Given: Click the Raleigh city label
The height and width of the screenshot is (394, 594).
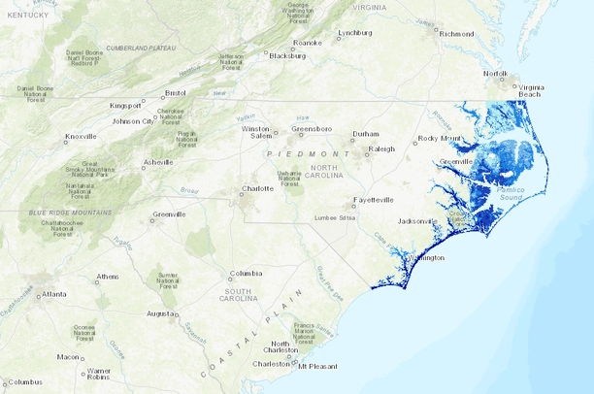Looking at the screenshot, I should (382, 148).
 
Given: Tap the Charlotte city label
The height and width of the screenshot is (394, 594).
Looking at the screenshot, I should (257, 188).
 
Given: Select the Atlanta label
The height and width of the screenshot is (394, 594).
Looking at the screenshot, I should (54, 294).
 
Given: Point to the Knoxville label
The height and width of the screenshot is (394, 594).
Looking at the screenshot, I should (81, 137).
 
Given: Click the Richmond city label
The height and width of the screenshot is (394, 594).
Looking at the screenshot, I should (456, 34).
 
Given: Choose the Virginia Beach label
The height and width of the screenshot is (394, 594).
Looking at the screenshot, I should (531, 92).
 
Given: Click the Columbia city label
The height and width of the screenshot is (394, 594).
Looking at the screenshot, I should (246, 274).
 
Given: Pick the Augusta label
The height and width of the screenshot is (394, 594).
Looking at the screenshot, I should (161, 313).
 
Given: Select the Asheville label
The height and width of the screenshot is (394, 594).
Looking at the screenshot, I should (158, 161).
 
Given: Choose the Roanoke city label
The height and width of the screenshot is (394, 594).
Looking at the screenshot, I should (308, 43).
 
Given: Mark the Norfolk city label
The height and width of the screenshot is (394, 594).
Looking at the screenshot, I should (496, 74).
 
